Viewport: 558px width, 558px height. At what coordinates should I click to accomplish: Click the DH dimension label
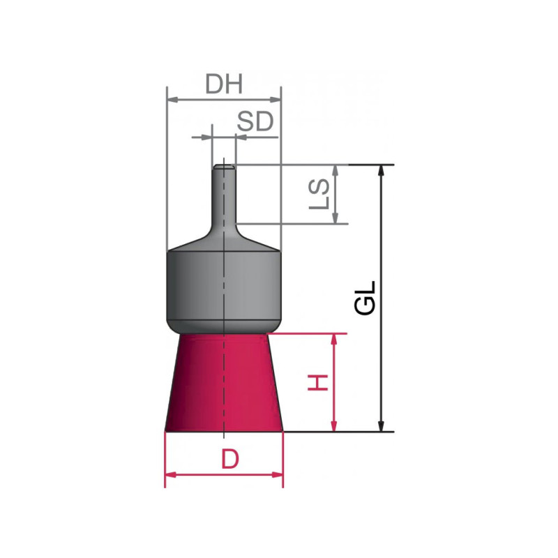(x=224, y=84)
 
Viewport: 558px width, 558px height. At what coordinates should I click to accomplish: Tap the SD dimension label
(x=255, y=121)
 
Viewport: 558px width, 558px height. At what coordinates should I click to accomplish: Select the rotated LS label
(x=319, y=194)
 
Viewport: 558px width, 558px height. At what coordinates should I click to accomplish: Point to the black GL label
(x=365, y=298)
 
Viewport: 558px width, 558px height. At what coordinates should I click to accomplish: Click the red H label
(x=318, y=382)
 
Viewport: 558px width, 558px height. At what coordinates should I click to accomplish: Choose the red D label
(x=230, y=459)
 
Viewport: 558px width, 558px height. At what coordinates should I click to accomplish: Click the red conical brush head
(x=224, y=382)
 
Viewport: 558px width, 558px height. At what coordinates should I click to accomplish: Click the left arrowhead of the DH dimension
(x=172, y=100)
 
